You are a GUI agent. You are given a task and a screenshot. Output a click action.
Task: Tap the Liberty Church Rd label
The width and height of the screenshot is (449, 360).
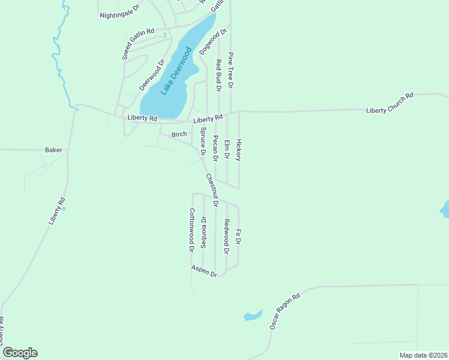click(x=390, y=103)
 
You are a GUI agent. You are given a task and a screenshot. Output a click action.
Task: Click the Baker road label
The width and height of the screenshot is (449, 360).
click(x=53, y=150)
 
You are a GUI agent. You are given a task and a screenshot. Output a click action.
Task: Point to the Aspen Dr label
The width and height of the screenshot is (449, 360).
click(x=204, y=271)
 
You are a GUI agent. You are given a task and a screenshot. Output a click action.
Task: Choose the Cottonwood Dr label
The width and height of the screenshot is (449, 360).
click(x=192, y=229)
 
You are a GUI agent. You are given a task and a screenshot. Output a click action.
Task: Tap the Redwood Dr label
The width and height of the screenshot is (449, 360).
click(x=227, y=236)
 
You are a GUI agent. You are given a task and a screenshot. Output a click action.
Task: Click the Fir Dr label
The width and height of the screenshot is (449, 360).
click(x=238, y=236)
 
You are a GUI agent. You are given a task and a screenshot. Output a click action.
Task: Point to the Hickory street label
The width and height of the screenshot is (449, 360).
click(x=238, y=150)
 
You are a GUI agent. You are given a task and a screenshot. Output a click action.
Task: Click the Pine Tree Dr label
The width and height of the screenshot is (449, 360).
click(x=231, y=70)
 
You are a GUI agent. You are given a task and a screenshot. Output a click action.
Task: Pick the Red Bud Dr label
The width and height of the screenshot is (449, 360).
click(x=219, y=75)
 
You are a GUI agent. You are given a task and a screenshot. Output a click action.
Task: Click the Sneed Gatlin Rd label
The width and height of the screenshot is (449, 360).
click(x=138, y=43)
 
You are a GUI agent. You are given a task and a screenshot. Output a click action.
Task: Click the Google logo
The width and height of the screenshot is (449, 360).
click(x=20, y=353)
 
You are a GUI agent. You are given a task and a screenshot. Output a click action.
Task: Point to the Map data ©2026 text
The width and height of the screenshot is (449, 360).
click(x=423, y=355)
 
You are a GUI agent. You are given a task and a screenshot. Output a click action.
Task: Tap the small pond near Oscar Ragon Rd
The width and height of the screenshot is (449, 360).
click(x=253, y=315)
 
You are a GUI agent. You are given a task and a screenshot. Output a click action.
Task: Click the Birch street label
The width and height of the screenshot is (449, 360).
click(x=179, y=134)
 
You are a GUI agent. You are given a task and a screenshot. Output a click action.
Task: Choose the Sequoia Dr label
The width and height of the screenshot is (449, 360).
click(x=203, y=232)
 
